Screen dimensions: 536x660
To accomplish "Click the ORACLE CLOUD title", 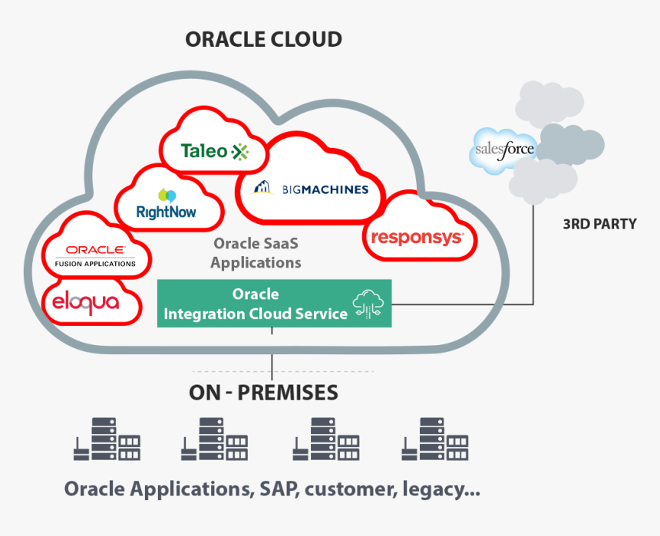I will click(x=263, y=39).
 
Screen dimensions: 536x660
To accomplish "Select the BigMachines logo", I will click(x=311, y=189).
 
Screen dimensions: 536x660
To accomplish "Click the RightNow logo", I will click(x=167, y=205).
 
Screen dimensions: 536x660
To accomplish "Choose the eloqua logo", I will click(x=85, y=302).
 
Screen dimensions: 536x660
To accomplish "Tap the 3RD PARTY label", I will click(x=599, y=224).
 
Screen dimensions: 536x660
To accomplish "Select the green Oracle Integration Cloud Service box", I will click(x=274, y=304).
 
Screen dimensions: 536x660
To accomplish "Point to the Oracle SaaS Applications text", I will click(x=256, y=253).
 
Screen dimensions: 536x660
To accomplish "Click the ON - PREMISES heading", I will click(x=263, y=393).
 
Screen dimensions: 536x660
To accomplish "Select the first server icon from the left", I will click(x=107, y=439).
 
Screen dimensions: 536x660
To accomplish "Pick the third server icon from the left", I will click(x=326, y=439).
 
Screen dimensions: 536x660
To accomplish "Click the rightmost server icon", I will click(x=435, y=439).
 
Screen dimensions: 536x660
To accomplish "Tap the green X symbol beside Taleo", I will click(x=240, y=152).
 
